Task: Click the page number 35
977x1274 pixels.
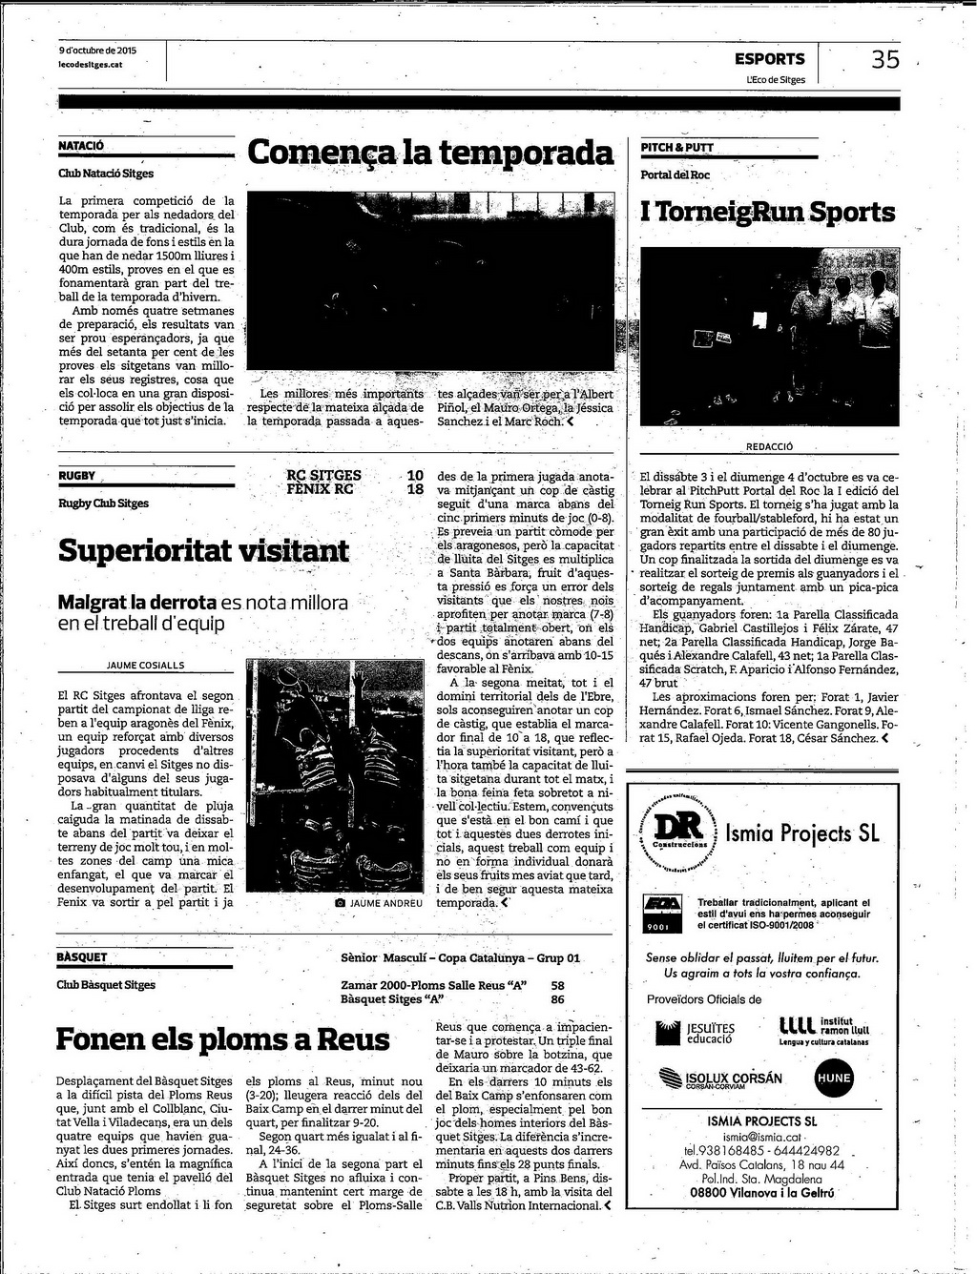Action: click(x=884, y=60)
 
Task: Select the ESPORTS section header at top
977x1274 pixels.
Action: click(x=769, y=59)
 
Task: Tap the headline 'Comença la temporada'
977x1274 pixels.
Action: click(x=430, y=153)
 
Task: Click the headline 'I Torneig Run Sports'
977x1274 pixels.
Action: click(x=768, y=212)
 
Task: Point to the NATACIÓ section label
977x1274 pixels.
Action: click(x=81, y=147)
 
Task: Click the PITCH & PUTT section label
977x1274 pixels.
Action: click(x=677, y=148)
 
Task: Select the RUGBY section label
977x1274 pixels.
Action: click(x=77, y=476)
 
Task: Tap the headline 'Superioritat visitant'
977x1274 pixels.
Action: click(x=203, y=551)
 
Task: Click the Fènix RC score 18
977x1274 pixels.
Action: click(x=415, y=489)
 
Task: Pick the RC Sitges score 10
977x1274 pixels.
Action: click(x=415, y=475)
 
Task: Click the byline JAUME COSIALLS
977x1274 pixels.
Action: click(x=146, y=666)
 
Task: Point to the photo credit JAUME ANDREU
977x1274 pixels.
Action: click(x=385, y=902)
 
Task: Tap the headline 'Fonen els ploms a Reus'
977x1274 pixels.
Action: click(x=223, y=1038)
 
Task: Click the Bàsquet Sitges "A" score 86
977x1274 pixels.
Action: click(x=557, y=999)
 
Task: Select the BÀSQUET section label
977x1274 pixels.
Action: click(x=82, y=957)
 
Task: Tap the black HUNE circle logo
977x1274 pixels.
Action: click(x=833, y=1079)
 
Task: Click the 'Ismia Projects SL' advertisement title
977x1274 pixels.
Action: click(x=801, y=833)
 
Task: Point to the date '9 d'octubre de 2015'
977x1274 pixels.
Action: click(x=97, y=51)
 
